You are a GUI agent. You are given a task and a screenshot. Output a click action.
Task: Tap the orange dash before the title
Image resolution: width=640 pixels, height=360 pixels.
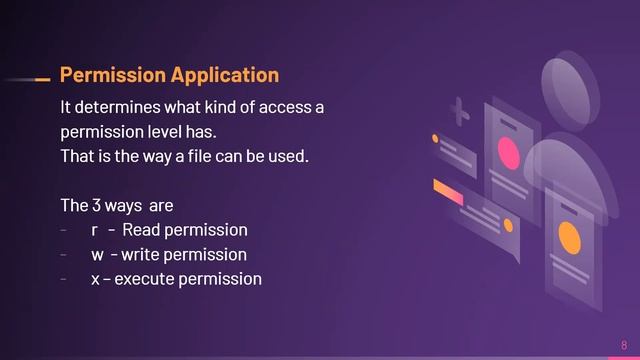(x=42, y=78)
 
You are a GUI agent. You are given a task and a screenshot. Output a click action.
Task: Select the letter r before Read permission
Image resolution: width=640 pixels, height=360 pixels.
(x=94, y=231)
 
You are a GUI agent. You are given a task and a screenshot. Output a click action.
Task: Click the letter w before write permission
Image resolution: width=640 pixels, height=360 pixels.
(x=97, y=255)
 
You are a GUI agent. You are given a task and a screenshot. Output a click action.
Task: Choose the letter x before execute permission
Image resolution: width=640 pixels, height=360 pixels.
(x=95, y=279)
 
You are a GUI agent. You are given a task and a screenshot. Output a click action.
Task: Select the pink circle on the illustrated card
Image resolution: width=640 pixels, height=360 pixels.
(x=509, y=155)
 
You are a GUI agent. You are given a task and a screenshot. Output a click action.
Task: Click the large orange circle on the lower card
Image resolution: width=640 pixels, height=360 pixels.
(x=569, y=239)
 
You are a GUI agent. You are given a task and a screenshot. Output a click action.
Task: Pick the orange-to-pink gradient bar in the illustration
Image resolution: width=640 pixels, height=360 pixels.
(x=448, y=191)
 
